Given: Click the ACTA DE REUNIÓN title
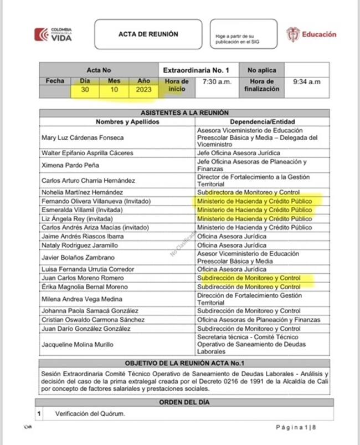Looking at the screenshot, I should point(148,34).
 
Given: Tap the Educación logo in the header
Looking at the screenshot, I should point(311,34).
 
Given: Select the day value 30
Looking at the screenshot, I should point(85,90).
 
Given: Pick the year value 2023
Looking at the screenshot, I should point(144,90).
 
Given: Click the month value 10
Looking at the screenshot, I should point(114,90).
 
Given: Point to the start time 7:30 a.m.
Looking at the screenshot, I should point(217,81).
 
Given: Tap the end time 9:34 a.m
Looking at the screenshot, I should point(307,81).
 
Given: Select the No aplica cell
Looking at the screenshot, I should point(262,70).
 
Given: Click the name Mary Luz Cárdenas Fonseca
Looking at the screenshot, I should point(83,137).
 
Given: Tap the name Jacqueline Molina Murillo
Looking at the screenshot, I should point(77,344).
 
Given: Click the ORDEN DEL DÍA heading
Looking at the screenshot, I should point(184,402).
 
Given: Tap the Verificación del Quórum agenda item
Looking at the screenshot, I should point(90,413).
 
